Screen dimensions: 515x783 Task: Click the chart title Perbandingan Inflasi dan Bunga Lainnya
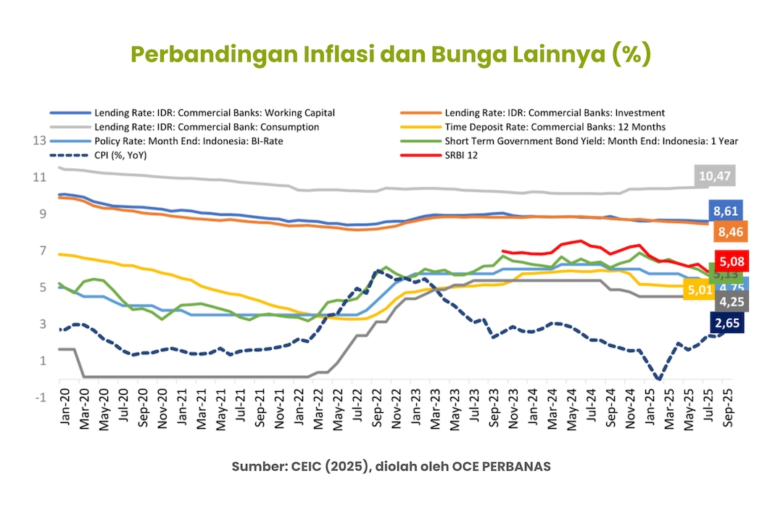pos(391,55)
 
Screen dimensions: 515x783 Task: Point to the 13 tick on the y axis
pos(40,140)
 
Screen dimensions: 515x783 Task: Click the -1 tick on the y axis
pos(40,398)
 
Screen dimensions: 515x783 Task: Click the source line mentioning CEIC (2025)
pos(391,466)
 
